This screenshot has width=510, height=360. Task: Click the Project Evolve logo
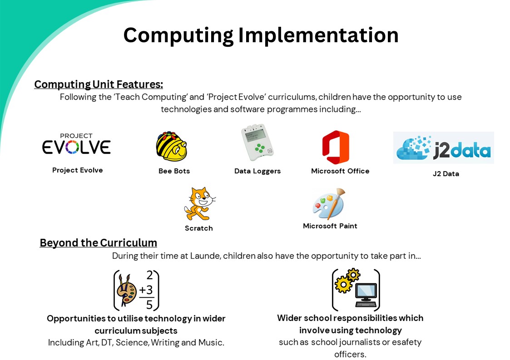[x=76, y=143]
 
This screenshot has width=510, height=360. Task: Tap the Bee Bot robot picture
[x=171, y=146]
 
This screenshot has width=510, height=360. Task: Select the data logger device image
[x=257, y=142]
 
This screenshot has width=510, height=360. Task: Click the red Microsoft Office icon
[x=336, y=148]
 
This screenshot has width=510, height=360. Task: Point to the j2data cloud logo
[x=444, y=148]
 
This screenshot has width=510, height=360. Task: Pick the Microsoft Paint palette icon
[x=329, y=204]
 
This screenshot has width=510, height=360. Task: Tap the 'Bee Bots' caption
[x=174, y=171]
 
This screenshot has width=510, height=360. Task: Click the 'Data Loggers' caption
[x=257, y=171]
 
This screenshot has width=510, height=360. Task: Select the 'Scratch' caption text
[x=199, y=228]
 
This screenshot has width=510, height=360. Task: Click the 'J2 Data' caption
[x=446, y=174]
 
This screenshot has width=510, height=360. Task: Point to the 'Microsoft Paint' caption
[x=330, y=226]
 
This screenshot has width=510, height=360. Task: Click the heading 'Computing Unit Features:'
[x=99, y=84]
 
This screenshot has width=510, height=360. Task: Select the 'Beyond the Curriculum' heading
[x=98, y=243]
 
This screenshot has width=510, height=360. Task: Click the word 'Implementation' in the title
[x=318, y=35]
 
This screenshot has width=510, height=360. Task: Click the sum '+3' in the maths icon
[x=146, y=290]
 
